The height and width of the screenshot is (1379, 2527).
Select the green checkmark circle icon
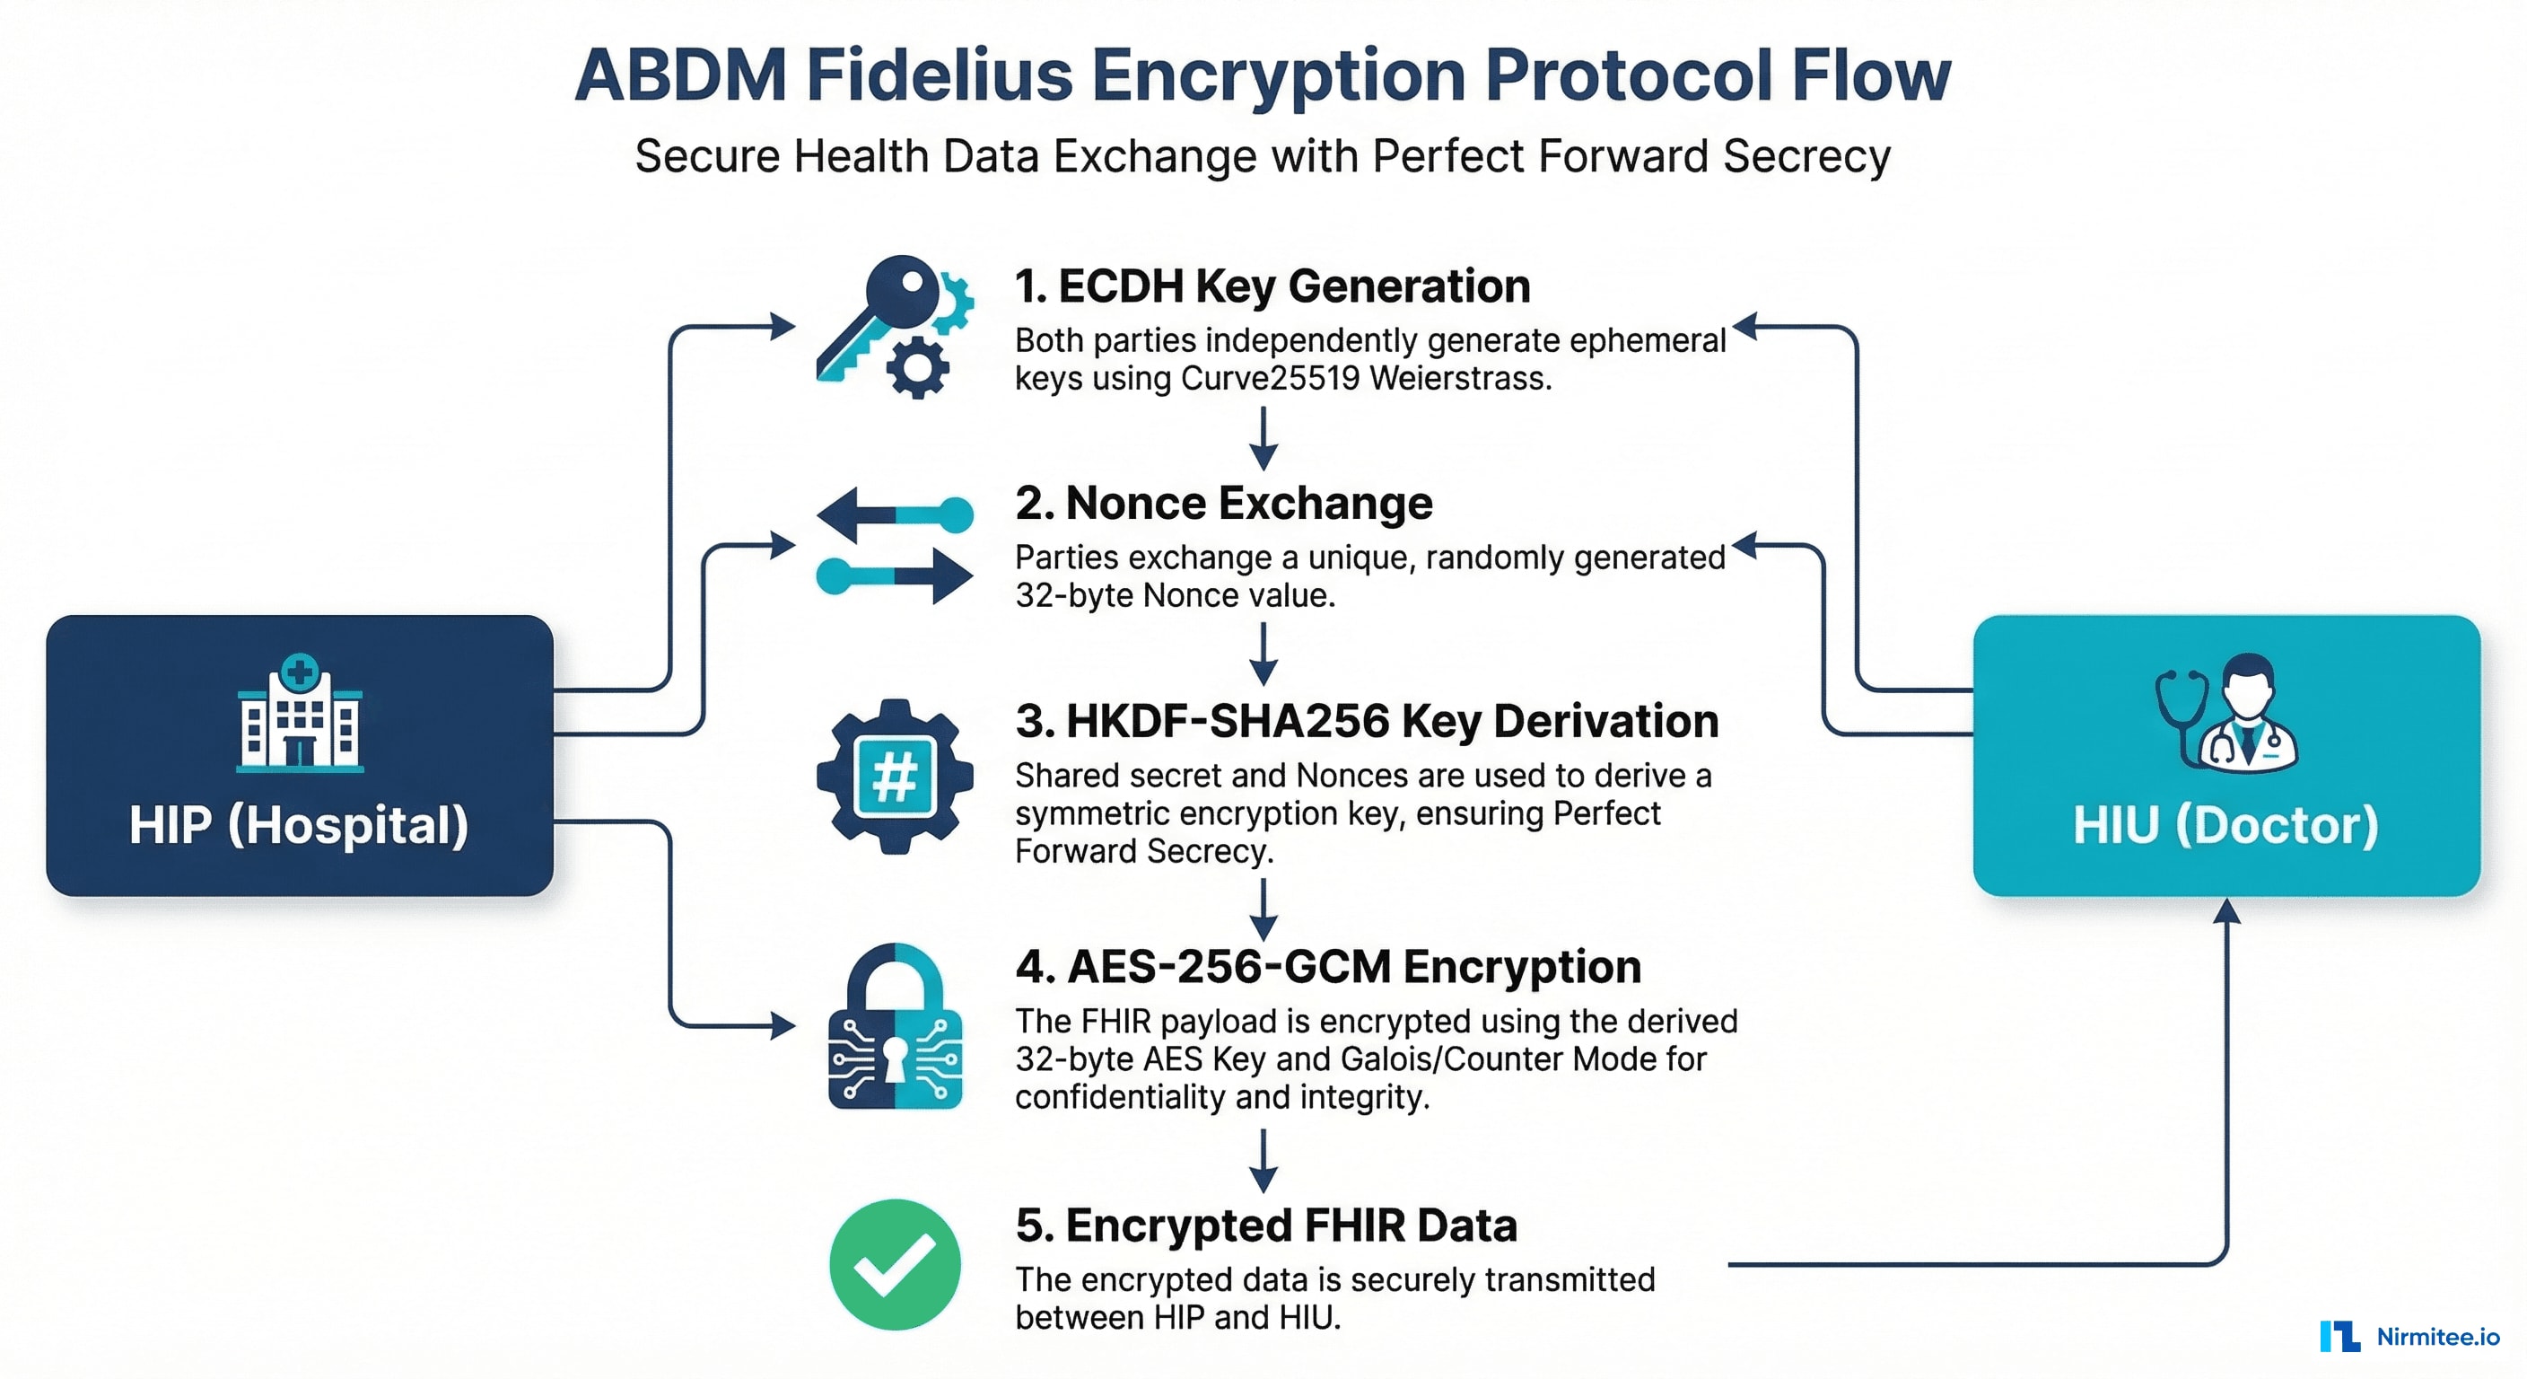click(895, 1264)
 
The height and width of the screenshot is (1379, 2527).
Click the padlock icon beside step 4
click(895, 1029)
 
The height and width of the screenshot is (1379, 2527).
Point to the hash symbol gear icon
click(895, 777)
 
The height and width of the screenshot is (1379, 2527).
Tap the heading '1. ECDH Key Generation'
click(1272, 286)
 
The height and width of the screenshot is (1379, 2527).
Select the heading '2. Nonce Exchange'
click(1223, 504)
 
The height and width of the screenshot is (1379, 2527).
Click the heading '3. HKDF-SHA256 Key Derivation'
click(1367, 722)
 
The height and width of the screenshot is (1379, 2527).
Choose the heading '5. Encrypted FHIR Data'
click(1265, 1225)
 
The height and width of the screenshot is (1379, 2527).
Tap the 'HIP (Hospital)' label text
click(299, 825)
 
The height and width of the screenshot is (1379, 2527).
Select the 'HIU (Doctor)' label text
click(2225, 825)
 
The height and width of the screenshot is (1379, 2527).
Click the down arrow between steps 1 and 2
click(1263, 440)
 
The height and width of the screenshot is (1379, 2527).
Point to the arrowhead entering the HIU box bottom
click(2226, 912)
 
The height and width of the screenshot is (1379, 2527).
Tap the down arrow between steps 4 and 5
click(1263, 1162)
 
